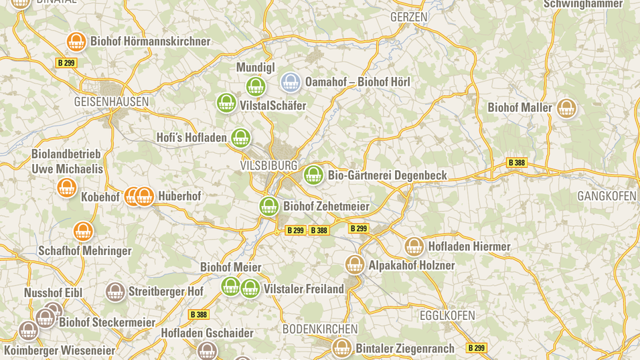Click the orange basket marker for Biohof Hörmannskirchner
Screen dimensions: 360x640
76,41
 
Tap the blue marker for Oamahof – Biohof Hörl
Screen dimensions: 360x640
291,82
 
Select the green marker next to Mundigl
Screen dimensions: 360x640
256,86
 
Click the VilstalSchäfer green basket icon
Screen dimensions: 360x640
226,103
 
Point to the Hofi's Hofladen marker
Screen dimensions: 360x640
240,138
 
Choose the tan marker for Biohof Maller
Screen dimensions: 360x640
566,108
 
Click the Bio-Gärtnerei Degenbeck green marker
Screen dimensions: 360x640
313,175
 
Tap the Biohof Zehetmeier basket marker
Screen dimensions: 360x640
269,206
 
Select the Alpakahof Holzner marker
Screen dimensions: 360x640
355,264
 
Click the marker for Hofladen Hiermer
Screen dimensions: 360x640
414,246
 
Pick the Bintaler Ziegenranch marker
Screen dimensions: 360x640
342,348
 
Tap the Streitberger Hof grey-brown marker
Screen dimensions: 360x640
115,292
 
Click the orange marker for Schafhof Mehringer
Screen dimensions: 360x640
83,231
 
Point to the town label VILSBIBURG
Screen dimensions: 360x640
268,165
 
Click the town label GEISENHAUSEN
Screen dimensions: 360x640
111,102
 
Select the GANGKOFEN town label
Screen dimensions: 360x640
607,196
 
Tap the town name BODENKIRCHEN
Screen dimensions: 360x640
320,329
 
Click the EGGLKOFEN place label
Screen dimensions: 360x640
447,315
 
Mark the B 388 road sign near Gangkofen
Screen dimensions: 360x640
516,163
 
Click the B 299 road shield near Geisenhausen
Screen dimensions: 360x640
66,63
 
